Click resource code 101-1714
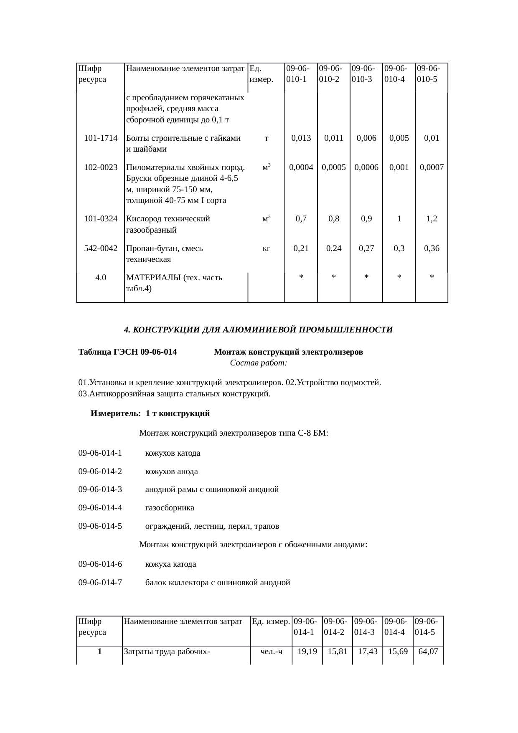tap(101, 138)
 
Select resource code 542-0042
tap(101, 249)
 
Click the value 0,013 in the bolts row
tap(301, 138)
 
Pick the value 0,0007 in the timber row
tap(432, 167)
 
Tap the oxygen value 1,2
tap(432, 218)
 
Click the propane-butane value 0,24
tap(334, 249)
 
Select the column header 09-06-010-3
tap(366, 74)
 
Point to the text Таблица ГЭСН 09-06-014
tap(127, 352)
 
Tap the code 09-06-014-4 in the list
tap(100, 508)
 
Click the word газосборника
tap(170, 508)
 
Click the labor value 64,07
tap(428, 651)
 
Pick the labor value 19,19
tap(307, 651)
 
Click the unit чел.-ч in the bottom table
tap(271, 651)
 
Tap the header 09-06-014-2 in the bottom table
tap(337, 626)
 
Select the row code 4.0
tap(100, 278)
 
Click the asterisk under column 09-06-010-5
tap(432, 278)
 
